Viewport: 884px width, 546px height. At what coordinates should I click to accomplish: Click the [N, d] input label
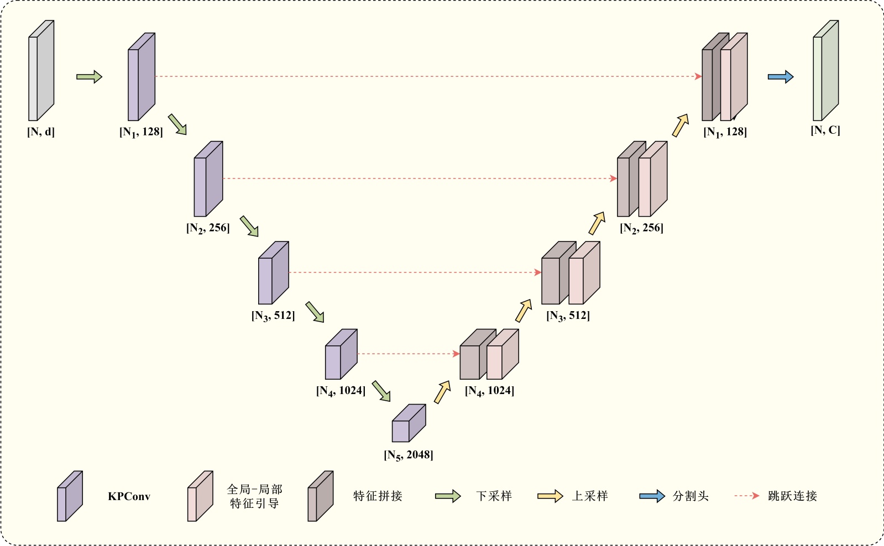[41, 132]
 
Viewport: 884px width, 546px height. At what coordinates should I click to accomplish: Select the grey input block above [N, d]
[41, 71]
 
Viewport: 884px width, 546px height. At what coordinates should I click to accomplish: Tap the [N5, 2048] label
[409, 455]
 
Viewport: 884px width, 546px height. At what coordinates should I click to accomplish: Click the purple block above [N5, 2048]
[409, 424]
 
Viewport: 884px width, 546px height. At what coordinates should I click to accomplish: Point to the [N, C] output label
[825, 130]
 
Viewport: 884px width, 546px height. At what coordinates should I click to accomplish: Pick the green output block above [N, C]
[825, 71]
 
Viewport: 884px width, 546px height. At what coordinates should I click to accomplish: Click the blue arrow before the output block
[781, 77]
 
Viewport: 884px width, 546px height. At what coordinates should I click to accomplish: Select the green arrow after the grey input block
[89, 77]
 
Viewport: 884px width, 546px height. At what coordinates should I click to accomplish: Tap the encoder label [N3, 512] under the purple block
[273, 316]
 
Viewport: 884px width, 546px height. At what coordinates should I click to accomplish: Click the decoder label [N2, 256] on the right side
[641, 228]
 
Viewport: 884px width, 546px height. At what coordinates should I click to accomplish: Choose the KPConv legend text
[129, 496]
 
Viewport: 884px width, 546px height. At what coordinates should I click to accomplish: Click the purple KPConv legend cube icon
[70, 496]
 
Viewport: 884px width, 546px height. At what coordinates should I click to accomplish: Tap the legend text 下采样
[494, 496]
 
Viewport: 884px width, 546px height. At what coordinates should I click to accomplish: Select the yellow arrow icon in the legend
[550, 496]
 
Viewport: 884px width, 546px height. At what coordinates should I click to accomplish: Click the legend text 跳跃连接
[792, 496]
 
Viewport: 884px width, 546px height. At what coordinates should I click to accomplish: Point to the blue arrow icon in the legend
[652, 496]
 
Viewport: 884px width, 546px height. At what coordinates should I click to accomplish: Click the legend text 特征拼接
[378, 496]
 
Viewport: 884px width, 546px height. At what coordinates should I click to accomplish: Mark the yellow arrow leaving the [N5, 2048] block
[442, 392]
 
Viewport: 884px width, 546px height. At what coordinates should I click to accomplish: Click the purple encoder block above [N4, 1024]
[341, 355]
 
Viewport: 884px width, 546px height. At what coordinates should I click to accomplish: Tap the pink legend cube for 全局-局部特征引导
[200, 496]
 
